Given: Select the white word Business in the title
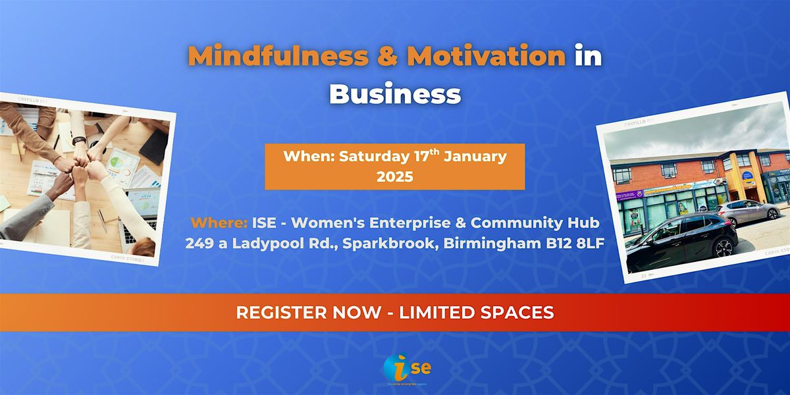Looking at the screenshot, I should (x=395, y=93).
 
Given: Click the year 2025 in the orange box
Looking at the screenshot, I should (x=395, y=176).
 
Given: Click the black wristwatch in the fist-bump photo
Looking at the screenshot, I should (x=80, y=140).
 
